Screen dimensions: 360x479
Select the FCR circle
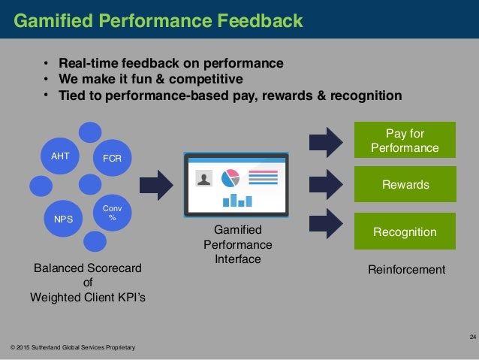click(112, 158)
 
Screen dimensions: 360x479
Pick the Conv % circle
click(112, 213)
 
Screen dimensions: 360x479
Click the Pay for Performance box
click(405, 140)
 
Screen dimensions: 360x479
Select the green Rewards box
click(405, 184)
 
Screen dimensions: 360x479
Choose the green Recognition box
click(405, 231)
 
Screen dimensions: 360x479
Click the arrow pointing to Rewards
click(325, 184)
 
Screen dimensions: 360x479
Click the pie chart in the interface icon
click(230, 178)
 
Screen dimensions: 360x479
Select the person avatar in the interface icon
click(203, 178)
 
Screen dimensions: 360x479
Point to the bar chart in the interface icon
click(236, 199)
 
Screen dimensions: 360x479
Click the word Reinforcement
click(406, 269)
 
